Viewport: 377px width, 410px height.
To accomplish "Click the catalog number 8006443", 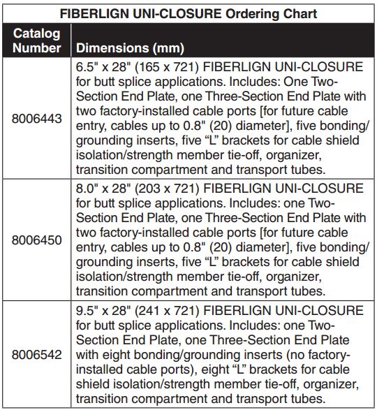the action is (x=37, y=119).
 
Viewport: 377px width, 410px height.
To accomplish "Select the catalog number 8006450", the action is (x=37, y=240).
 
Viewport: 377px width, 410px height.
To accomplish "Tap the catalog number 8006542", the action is (x=37, y=354).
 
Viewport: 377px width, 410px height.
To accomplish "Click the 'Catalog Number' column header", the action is (x=37, y=41).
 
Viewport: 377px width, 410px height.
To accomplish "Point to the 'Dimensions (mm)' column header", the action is (x=130, y=49).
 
